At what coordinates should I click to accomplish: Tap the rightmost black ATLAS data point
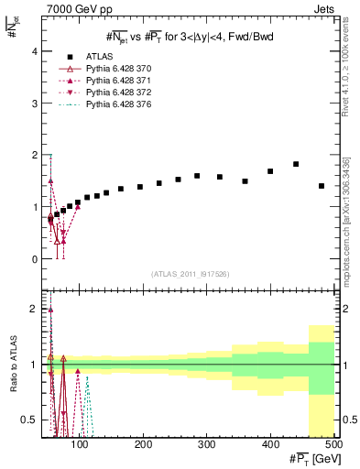321,186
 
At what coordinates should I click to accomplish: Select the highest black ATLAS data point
296,164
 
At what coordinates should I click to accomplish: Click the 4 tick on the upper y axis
34,51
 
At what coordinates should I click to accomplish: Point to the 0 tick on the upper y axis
34,259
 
